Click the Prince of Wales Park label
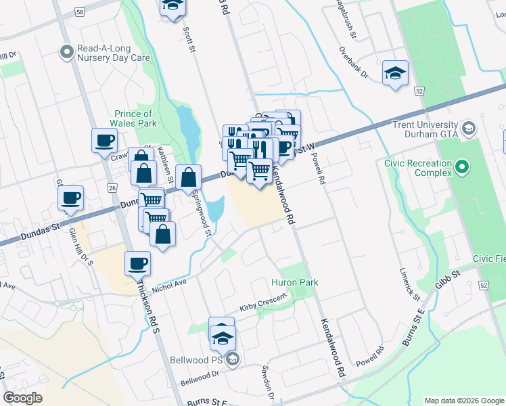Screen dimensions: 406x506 tap(134, 118)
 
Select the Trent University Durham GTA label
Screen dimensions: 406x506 tap(425, 129)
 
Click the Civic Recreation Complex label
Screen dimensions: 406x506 tap(418, 167)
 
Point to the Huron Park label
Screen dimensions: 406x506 tap(294, 282)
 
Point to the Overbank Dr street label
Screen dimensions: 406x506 tap(354, 62)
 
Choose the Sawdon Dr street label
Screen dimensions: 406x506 tap(269, 382)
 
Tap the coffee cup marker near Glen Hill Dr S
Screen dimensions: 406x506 tap(71, 198)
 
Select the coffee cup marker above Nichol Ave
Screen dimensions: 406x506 tap(137, 263)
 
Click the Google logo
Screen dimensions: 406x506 tap(22, 398)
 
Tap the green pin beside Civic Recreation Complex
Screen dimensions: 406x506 tap(463, 166)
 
